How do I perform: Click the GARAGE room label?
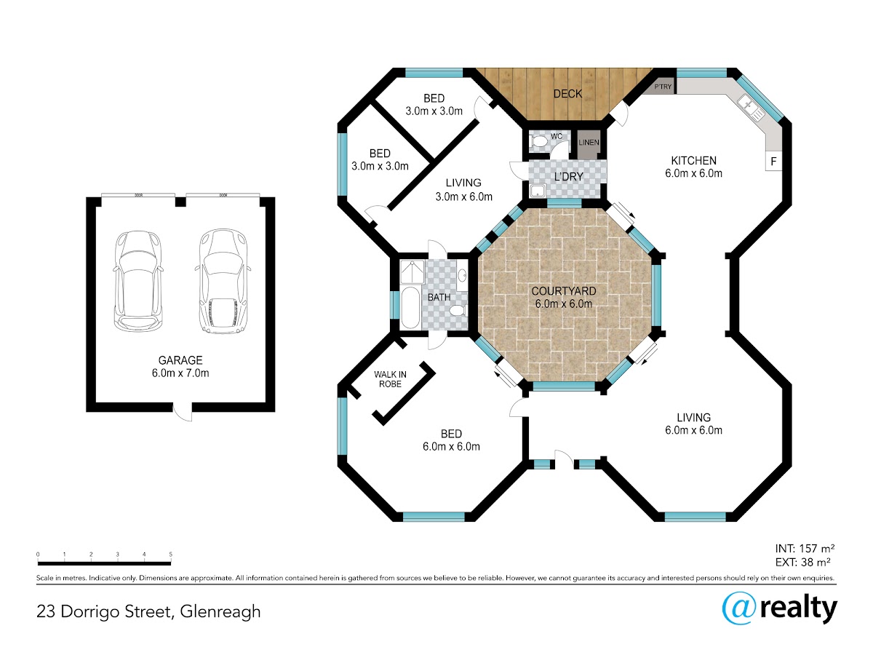click(x=180, y=360)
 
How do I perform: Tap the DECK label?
click(x=567, y=94)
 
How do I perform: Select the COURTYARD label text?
click(x=564, y=291)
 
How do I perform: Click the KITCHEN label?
click(x=693, y=161)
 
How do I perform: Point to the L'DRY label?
click(x=569, y=177)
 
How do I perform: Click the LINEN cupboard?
click(x=589, y=144)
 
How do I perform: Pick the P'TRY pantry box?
click(x=659, y=87)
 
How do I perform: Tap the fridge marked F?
click(x=773, y=161)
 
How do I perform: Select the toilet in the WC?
click(x=538, y=141)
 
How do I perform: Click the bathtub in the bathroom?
click(x=410, y=307)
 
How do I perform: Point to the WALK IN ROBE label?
click(x=390, y=379)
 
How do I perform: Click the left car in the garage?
click(x=138, y=281)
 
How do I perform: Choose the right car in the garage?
click(x=223, y=281)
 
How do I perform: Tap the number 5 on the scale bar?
click(x=171, y=554)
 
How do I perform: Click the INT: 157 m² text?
click(x=805, y=549)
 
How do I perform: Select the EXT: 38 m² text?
click(x=802, y=563)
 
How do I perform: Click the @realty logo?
click(x=780, y=609)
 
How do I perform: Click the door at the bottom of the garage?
click(x=183, y=412)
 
